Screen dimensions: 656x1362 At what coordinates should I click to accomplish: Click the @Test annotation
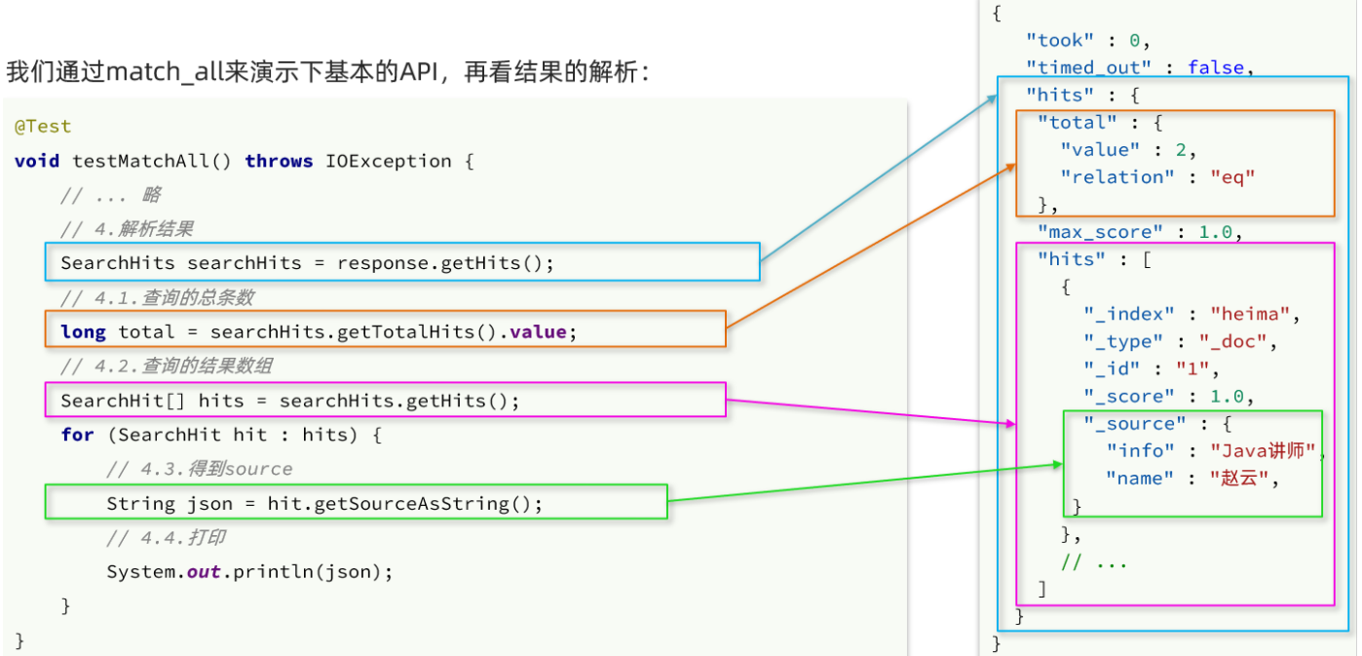(x=43, y=127)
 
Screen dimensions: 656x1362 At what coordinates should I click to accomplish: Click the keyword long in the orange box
(x=83, y=332)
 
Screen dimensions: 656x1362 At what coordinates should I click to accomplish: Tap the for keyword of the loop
(x=77, y=435)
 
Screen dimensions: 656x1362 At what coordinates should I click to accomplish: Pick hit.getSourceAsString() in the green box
(x=404, y=504)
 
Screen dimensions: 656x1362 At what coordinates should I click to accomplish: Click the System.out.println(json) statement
(x=249, y=572)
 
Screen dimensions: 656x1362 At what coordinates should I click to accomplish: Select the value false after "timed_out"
(x=1216, y=67)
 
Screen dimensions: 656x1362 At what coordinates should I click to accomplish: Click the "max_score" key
(x=1100, y=232)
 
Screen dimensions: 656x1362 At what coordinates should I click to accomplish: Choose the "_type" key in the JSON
(x=1124, y=341)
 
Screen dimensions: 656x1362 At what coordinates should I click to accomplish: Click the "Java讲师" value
(x=1264, y=451)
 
